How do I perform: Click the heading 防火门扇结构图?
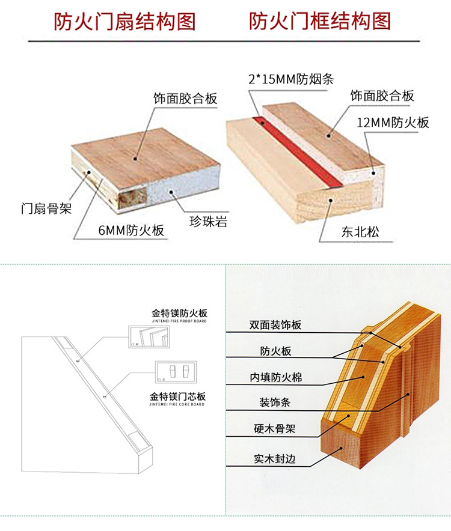(125, 22)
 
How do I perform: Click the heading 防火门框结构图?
(320, 22)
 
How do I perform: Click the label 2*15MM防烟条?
(290, 78)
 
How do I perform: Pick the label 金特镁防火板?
(179, 314)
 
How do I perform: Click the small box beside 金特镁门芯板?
(175, 371)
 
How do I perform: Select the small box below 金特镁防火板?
(148, 336)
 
